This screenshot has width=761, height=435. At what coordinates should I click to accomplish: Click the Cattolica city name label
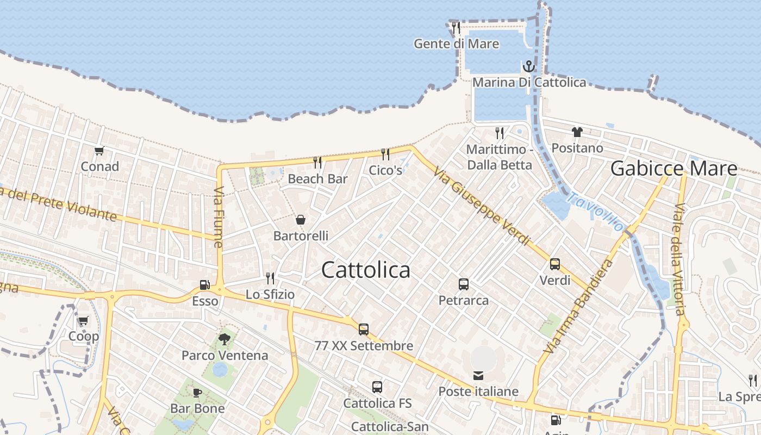coord(366,270)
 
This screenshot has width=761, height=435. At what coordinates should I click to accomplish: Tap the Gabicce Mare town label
coord(673,169)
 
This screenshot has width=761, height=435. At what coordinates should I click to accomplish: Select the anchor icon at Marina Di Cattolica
coord(528,67)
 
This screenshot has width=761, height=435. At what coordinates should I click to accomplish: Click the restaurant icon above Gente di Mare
coord(456,27)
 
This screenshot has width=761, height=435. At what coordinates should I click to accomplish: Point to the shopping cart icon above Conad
coord(99,151)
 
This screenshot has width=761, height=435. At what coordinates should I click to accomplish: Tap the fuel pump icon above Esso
coord(204,285)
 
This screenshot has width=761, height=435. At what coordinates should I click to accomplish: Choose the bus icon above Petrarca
coord(464,284)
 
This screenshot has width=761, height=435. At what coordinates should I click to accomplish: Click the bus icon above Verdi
coord(555,264)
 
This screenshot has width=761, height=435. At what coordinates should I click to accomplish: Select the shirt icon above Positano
coord(577,132)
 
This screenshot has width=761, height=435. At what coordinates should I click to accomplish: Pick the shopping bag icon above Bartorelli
coord(300,220)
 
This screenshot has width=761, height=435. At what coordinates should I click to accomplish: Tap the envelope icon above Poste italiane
coord(478,375)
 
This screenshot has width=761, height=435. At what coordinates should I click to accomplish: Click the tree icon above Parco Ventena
coord(224,339)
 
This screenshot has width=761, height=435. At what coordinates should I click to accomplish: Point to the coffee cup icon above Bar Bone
coord(197,393)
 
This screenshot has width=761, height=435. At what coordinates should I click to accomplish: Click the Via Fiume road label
coord(219,217)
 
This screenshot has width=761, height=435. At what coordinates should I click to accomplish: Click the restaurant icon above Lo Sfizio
coord(270,278)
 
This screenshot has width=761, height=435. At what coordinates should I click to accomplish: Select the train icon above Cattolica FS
coord(377,387)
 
